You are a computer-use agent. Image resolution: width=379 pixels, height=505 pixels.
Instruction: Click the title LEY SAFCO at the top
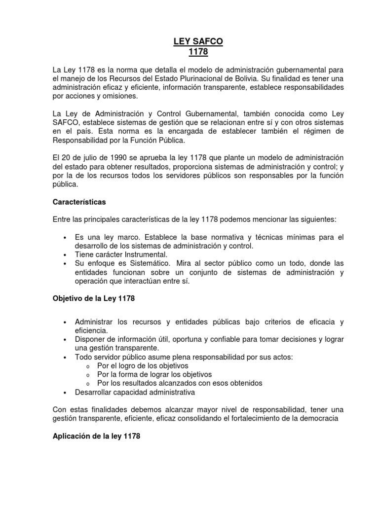[x=198, y=42]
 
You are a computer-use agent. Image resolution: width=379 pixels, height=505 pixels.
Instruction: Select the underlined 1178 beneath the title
[x=198, y=52]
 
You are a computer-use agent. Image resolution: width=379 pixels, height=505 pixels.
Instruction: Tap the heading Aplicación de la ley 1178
[x=96, y=436]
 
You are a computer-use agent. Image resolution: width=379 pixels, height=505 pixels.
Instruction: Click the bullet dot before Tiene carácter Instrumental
[x=65, y=255]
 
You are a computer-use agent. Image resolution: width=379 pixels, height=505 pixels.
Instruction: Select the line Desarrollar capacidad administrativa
[x=135, y=392]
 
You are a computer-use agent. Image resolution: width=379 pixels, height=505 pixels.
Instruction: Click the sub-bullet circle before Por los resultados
[x=88, y=384]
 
